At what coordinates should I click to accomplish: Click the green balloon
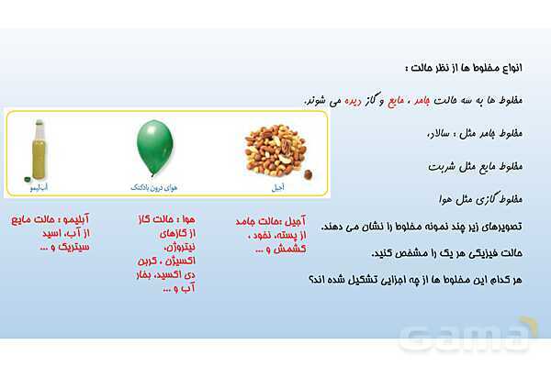(154, 146)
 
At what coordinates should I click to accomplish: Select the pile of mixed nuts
(276, 150)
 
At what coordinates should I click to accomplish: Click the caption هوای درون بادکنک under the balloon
(154, 187)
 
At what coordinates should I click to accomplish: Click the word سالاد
(441, 134)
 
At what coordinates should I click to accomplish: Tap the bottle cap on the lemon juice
(39, 123)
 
